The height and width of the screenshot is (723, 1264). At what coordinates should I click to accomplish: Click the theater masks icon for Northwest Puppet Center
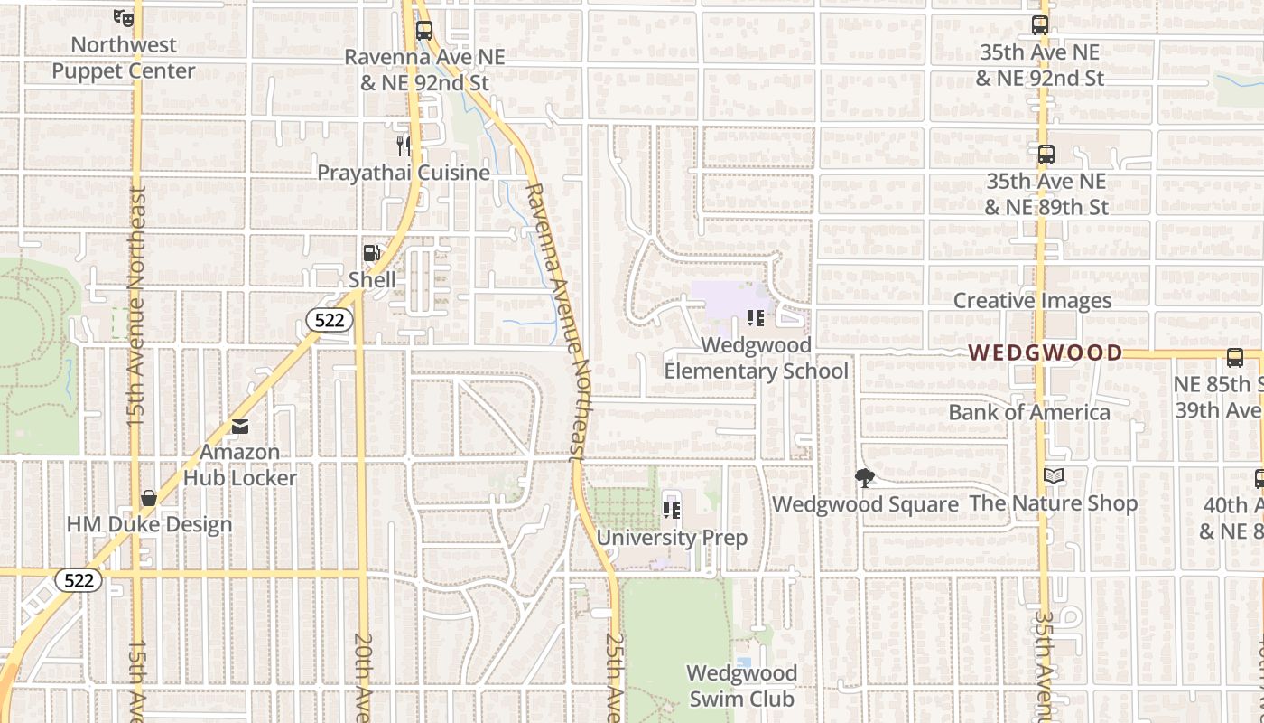[124, 16]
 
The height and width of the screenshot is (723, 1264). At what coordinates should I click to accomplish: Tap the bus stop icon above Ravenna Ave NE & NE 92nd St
[424, 30]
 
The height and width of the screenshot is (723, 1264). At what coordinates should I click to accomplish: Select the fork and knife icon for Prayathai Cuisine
[404, 145]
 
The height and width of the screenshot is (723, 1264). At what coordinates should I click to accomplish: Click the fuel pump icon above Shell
[371, 253]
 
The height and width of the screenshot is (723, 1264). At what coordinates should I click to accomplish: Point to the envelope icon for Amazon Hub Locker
[239, 426]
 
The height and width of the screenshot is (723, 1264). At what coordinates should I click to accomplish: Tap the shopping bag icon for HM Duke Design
[149, 498]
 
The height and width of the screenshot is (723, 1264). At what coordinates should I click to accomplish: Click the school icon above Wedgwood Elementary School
[756, 318]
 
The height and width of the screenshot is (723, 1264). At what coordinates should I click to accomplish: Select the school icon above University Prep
[672, 511]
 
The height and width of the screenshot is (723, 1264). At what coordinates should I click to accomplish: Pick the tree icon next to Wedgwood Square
[865, 478]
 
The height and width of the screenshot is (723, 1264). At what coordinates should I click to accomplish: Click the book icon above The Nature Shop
[1053, 476]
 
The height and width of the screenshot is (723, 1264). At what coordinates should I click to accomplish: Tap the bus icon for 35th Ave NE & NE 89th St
[1046, 155]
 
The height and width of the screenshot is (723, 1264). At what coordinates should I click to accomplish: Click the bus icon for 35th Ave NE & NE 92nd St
[1040, 25]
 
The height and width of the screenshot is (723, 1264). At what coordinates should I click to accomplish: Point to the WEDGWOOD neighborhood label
[1046, 352]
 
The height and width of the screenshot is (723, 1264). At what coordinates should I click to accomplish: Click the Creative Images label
[1032, 301]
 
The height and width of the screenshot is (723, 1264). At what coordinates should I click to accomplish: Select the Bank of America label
[1029, 412]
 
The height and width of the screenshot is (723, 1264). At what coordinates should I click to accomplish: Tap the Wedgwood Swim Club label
[741, 686]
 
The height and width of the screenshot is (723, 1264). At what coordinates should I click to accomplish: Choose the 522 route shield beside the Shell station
[329, 319]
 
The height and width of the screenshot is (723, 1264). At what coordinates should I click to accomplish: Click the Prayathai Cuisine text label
[404, 173]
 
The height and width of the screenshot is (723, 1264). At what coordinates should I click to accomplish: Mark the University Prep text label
[672, 538]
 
